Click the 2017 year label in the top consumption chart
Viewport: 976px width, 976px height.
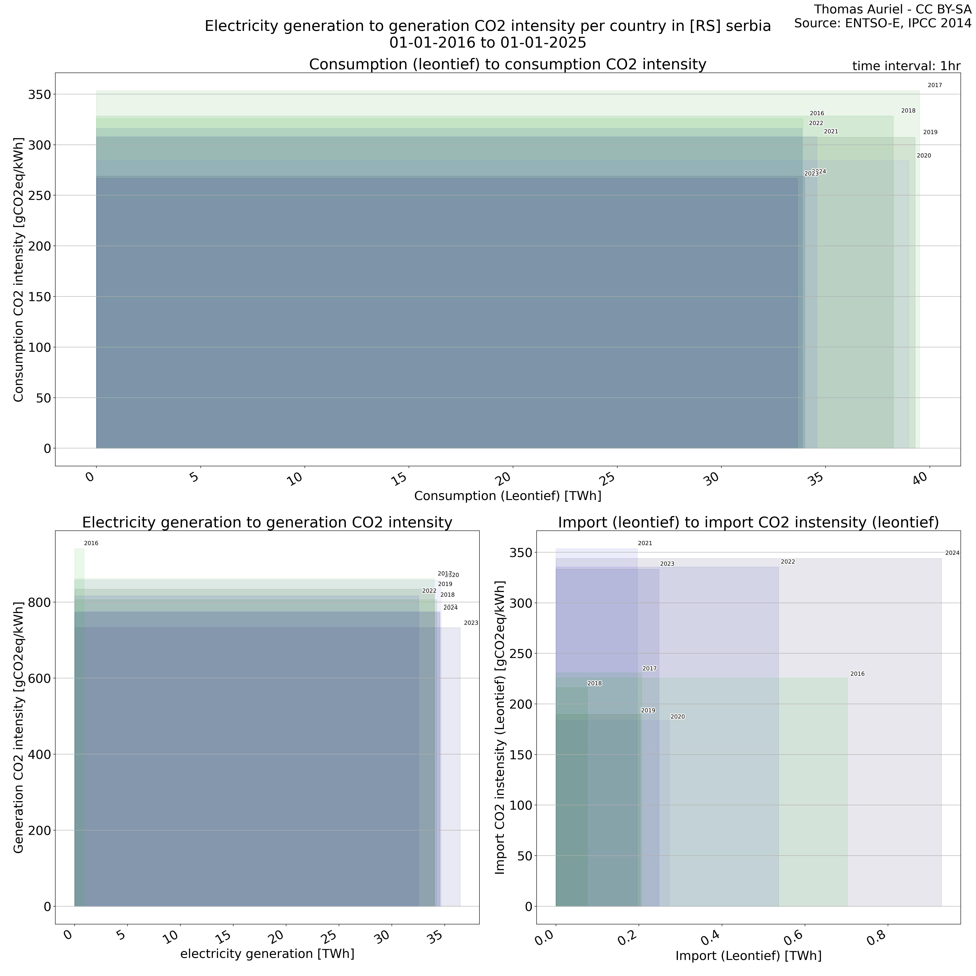[935, 85]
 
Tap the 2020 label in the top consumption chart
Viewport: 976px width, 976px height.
[924, 156]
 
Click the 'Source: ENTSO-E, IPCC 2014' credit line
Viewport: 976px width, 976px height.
[882, 23]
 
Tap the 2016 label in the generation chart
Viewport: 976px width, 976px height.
[91, 544]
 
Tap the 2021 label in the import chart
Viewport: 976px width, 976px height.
[645, 544]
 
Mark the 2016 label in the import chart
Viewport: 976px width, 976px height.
[857, 674]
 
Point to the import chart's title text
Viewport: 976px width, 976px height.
[748, 522]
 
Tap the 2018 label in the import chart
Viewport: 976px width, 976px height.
[595, 683]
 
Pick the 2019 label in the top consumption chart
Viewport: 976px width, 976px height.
[930, 132]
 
